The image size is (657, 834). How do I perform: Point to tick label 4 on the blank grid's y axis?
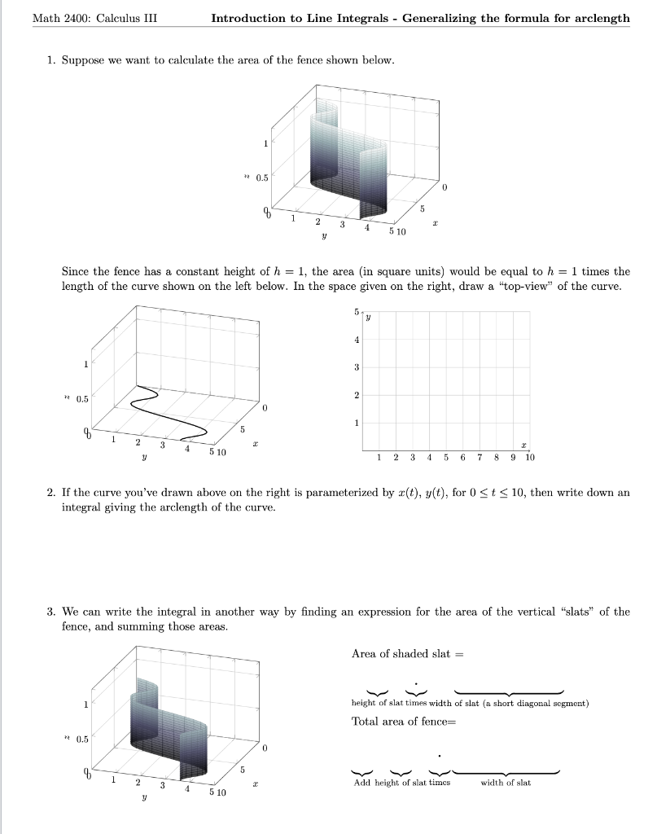click(x=356, y=340)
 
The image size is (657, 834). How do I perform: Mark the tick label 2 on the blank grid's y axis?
click(x=356, y=395)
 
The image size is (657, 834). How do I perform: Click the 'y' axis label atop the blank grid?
click(x=368, y=318)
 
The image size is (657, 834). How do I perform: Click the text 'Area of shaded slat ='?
click(x=406, y=654)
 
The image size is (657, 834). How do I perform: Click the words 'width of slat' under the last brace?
click(x=506, y=783)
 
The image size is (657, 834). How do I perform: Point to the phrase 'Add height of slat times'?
click(x=401, y=783)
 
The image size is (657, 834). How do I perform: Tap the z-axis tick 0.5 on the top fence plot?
click(x=263, y=177)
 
